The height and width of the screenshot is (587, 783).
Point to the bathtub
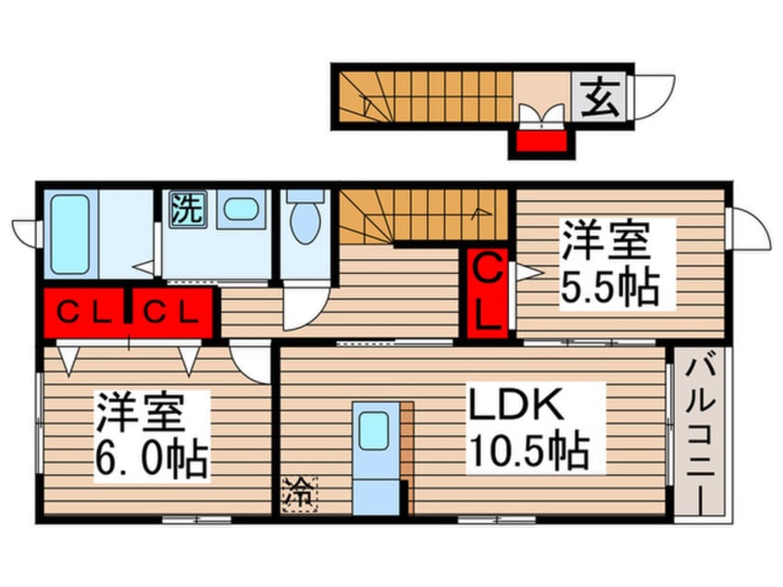[70, 234]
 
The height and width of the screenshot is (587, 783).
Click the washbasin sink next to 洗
[240, 209]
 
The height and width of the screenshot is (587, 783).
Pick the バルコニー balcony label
[699, 434]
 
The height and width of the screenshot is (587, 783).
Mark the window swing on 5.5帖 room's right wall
[749, 227]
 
